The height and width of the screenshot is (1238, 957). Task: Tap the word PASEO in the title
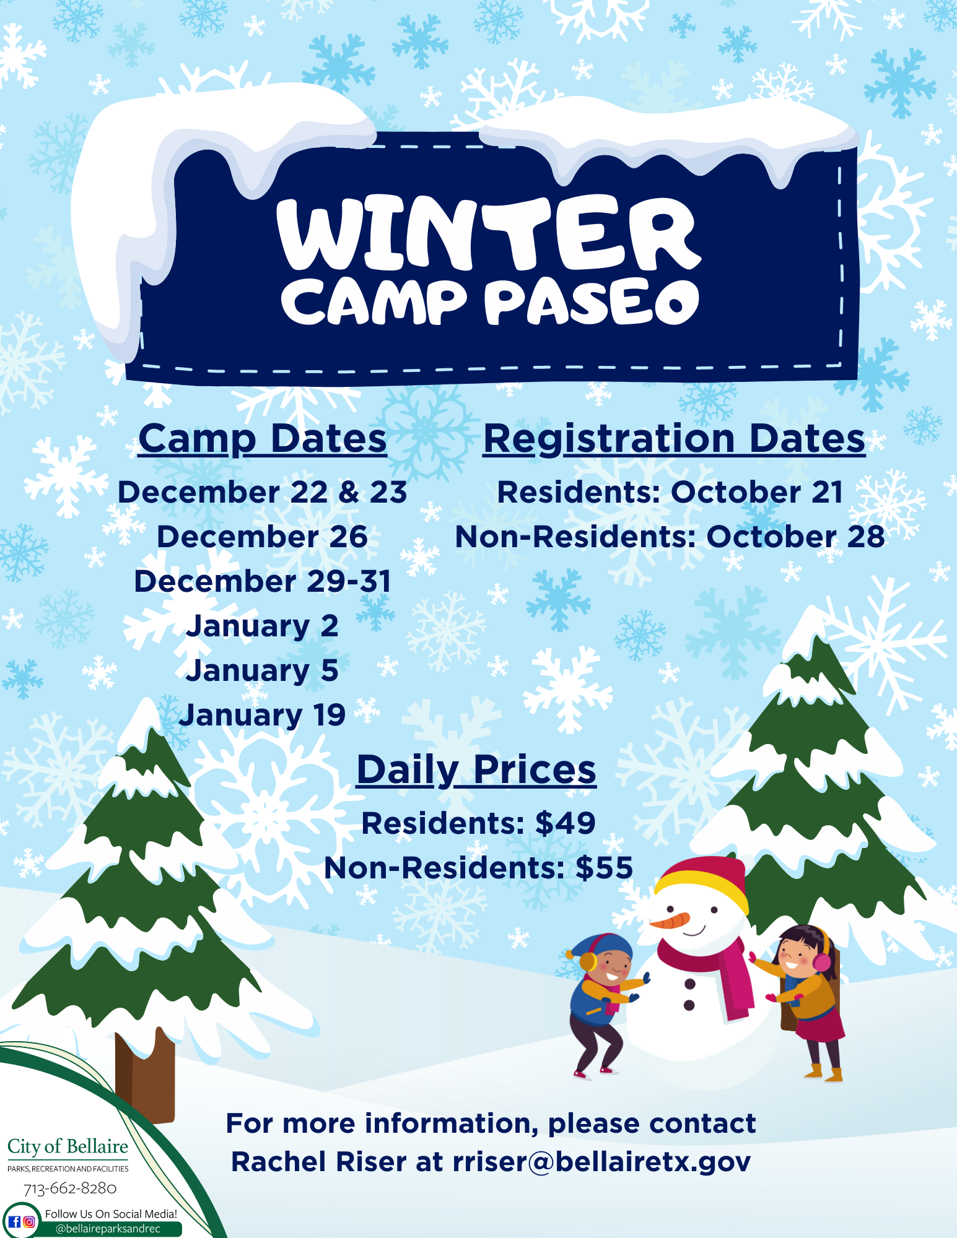point(592,302)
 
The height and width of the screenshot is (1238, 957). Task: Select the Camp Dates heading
point(263,439)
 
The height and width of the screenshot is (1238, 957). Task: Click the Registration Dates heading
point(674,439)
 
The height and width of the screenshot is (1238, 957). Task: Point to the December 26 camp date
point(262,537)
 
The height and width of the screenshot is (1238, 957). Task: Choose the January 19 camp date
point(262,715)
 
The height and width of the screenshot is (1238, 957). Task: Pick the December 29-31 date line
point(263,581)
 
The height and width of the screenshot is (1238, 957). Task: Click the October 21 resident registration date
point(757,492)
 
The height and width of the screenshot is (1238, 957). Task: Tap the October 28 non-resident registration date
point(795,537)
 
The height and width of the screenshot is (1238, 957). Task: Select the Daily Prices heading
point(476,770)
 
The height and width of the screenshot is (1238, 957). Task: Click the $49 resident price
point(565,823)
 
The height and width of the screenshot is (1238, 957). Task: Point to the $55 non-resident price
point(604,868)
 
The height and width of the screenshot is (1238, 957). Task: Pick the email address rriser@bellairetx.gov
point(601,1162)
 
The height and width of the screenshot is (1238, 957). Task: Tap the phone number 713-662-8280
point(70,1188)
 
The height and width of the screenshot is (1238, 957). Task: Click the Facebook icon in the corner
point(14,1222)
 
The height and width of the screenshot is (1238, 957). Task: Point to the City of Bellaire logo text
point(68,1147)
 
